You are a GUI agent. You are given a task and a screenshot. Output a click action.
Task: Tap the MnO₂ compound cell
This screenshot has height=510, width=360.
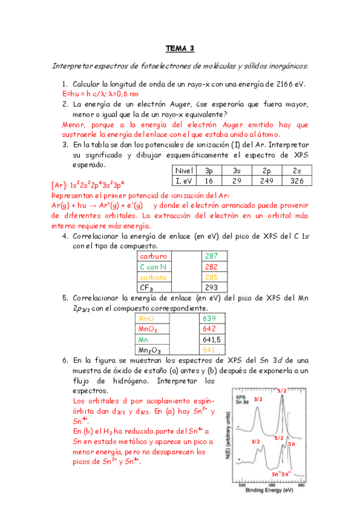148,329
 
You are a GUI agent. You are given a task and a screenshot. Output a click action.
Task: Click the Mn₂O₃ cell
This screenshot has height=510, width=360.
150,349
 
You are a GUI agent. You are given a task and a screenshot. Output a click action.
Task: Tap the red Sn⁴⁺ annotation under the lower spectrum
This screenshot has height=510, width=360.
276,473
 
